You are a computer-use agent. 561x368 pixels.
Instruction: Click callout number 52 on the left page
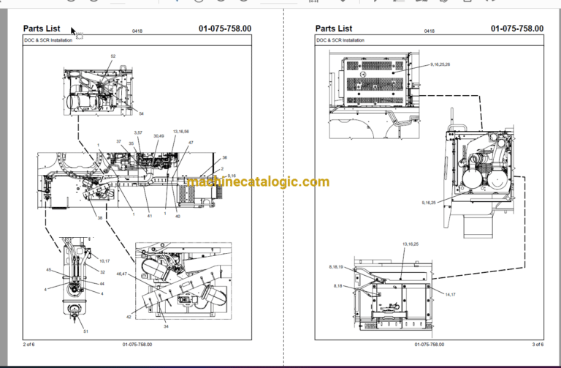pos(113,56)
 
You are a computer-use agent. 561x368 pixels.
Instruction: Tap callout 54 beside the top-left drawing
pos(141,113)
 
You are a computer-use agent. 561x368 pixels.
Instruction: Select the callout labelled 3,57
pos(138,132)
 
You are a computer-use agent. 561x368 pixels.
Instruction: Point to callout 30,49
pos(159,136)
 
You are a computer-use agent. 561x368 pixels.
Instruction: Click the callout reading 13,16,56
pos(180,132)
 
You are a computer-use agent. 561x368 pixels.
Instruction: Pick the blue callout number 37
pos(119,140)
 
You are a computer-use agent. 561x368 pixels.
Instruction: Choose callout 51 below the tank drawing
pos(85,332)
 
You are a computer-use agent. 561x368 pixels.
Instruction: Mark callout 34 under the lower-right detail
pos(166,326)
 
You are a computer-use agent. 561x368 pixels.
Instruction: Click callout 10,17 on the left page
pos(104,260)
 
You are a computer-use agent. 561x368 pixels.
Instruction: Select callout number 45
pos(49,270)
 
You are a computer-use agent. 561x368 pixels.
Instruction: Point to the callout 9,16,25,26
pos(440,65)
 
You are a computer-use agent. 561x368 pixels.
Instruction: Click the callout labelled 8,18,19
pos(340,269)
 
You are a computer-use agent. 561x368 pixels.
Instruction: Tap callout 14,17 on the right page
pos(449,293)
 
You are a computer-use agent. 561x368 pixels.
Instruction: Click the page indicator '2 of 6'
pos(29,344)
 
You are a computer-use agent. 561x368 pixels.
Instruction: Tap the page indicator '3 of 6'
pos(537,344)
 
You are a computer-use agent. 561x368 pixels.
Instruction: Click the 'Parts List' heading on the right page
pos(333,29)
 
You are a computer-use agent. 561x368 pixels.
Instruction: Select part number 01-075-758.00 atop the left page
pos(224,29)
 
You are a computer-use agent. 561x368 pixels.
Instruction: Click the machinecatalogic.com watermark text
pos(258,182)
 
